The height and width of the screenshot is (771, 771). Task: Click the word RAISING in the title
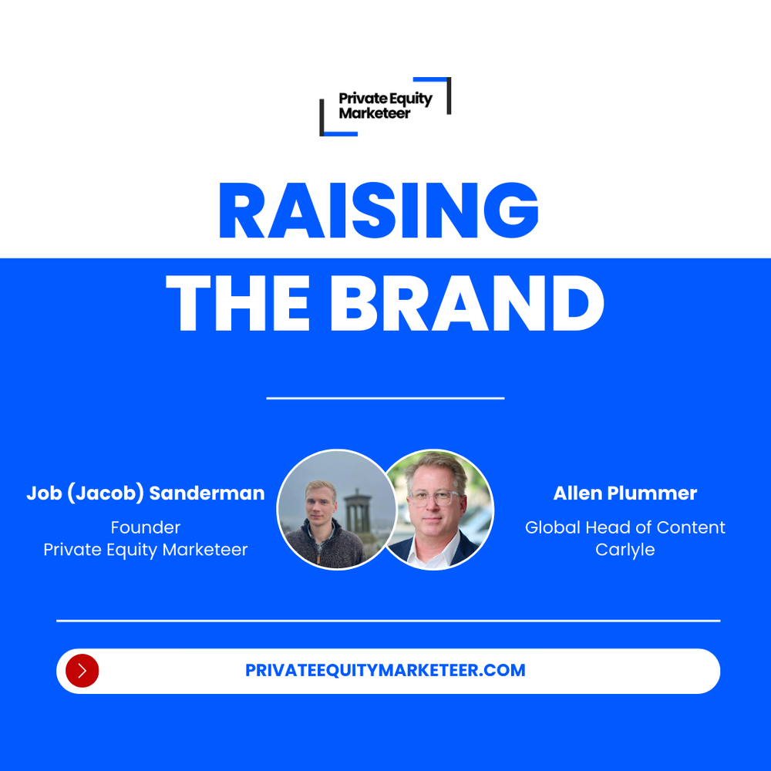click(x=378, y=210)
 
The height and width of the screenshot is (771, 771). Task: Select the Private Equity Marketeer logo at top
click(x=385, y=106)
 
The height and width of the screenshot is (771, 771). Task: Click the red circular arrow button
click(x=82, y=671)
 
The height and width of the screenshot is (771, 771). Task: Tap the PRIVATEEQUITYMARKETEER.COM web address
click(x=385, y=671)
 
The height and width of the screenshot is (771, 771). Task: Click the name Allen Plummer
click(x=625, y=493)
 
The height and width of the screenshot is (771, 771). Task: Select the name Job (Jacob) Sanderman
click(x=146, y=493)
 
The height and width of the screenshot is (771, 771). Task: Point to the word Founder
click(x=146, y=528)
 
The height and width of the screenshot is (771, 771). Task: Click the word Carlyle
click(x=625, y=550)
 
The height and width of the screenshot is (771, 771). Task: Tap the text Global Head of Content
click(x=625, y=528)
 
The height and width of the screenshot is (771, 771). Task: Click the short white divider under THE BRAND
click(x=385, y=399)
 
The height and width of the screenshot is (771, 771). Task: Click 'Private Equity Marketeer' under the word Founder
click(x=146, y=550)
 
